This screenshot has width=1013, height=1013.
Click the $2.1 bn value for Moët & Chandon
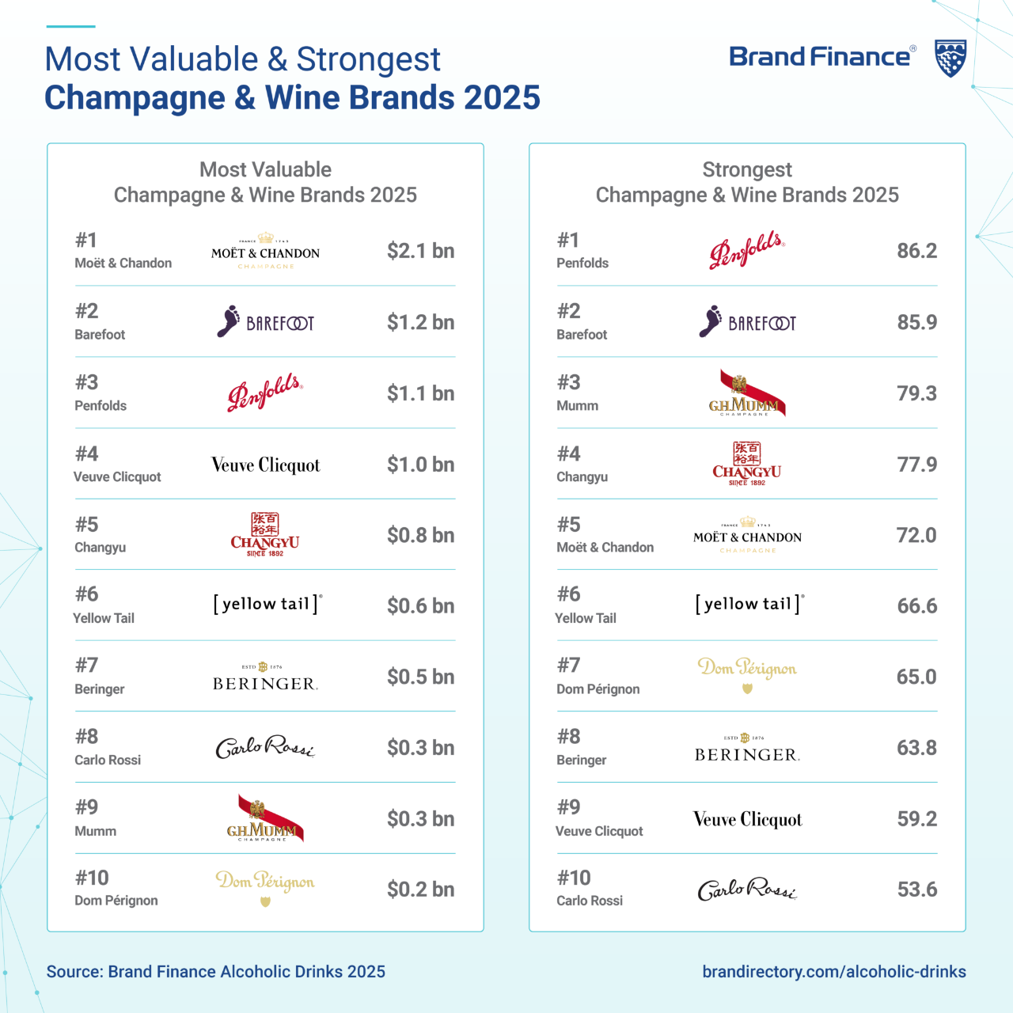(x=420, y=251)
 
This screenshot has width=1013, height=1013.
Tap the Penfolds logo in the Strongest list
(x=747, y=251)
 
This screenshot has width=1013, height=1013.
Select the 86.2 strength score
(x=916, y=251)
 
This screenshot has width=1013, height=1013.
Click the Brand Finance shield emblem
(x=950, y=58)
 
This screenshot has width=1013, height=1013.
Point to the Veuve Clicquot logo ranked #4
(x=266, y=465)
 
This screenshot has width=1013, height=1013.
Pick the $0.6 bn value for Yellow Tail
(x=420, y=606)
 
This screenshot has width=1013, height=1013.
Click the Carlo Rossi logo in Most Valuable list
(x=265, y=748)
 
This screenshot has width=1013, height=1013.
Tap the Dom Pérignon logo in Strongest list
(x=747, y=672)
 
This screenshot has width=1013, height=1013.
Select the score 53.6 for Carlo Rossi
(x=916, y=890)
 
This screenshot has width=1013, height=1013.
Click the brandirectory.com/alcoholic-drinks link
(x=834, y=972)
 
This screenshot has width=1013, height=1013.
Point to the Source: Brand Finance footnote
(x=216, y=972)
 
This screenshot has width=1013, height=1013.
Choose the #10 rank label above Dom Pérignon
(x=92, y=878)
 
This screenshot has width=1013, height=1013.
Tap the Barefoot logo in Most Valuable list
(x=265, y=322)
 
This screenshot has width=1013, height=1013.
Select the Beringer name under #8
(x=581, y=760)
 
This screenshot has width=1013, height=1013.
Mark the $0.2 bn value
(x=420, y=890)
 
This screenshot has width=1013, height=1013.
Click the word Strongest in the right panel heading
(x=747, y=169)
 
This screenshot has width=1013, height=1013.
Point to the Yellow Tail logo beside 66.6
(x=749, y=605)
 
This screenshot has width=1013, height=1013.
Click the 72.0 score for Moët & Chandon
(x=916, y=536)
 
